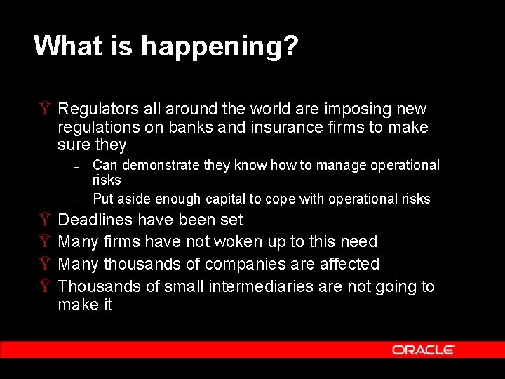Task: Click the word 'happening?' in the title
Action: coord(220,47)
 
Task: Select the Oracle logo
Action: coord(423,350)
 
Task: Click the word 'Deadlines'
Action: coord(95,220)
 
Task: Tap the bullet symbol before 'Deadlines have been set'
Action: coord(44,220)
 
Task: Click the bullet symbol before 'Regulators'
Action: coord(44,109)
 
